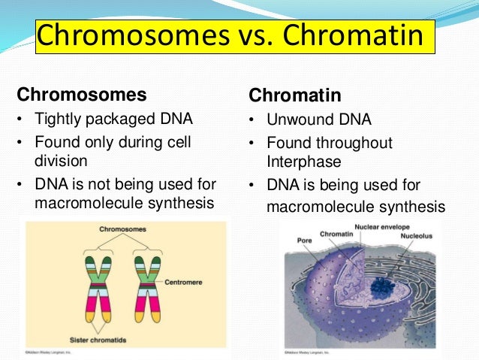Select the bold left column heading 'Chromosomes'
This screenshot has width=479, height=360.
pos(82,95)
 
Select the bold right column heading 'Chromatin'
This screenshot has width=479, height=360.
pos(295,96)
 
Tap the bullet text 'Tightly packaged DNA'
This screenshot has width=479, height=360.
pos(113,119)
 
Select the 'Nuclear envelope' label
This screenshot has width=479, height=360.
pos(383,225)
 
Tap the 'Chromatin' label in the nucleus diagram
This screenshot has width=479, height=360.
pos(337,234)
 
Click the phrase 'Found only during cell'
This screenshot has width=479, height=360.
pos(112,141)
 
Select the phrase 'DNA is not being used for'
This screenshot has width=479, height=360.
pos(123,183)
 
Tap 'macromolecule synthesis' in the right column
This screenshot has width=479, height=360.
pos(355,207)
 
